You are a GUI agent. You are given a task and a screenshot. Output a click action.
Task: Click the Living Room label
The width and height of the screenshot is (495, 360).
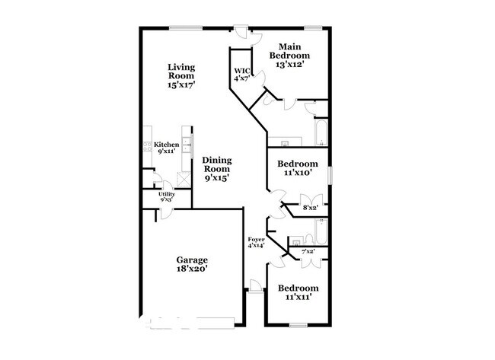181,76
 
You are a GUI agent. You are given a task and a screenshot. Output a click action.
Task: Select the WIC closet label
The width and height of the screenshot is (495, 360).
241,74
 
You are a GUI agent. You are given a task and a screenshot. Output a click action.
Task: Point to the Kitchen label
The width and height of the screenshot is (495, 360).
167,148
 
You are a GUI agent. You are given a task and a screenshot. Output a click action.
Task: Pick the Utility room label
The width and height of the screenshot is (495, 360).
167,196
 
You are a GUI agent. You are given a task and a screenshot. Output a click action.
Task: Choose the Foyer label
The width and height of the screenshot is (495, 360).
255,242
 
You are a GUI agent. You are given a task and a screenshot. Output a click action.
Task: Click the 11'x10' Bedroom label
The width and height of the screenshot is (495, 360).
297,168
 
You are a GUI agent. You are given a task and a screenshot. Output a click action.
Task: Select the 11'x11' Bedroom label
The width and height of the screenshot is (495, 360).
297,292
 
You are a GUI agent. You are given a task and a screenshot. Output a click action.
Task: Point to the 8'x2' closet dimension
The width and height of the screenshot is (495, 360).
311,207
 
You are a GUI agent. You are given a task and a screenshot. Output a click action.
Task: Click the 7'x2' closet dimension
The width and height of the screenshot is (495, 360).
308,251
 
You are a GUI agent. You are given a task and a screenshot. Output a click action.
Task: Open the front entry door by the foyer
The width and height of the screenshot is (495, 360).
256,286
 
